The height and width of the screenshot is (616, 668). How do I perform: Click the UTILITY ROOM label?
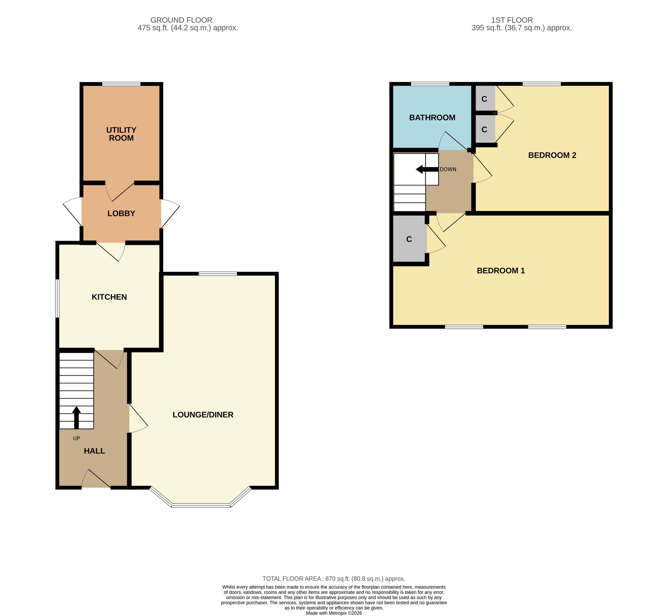point(121,134)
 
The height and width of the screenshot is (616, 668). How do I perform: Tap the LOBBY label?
point(121,213)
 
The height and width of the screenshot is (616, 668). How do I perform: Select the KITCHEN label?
point(109,297)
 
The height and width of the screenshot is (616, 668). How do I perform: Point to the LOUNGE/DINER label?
point(203,415)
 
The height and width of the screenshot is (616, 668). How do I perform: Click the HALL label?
point(95,451)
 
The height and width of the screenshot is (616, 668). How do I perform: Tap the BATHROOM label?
point(432,118)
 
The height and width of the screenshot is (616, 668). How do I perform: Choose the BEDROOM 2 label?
point(552,155)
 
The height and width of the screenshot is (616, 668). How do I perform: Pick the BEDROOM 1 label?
point(501,271)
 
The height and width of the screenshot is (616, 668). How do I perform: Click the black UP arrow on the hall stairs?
point(76,417)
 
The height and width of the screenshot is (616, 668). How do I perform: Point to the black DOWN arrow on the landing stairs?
point(427,169)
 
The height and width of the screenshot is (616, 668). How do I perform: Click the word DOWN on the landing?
point(448,169)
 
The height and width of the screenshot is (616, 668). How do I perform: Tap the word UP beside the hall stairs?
point(76,438)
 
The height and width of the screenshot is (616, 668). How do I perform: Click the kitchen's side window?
point(57,298)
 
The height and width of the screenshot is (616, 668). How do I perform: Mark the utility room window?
point(121,84)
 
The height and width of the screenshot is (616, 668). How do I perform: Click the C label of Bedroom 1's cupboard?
point(409,239)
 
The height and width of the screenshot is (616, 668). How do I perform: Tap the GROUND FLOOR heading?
point(181,20)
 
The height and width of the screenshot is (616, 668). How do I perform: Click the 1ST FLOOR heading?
point(512,20)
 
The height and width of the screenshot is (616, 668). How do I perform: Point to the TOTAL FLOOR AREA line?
point(334,579)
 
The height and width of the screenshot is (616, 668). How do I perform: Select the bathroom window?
point(430,84)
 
